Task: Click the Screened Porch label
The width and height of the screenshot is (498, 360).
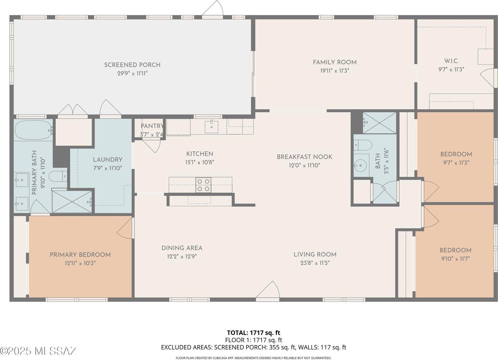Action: (132, 65)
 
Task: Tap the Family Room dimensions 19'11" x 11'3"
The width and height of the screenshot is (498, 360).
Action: (335, 71)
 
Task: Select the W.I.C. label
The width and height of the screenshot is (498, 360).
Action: (451, 61)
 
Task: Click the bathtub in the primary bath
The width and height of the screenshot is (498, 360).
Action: (32, 130)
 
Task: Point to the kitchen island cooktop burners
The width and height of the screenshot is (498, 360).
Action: (203, 185)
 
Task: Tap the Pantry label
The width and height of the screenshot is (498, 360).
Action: (152, 126)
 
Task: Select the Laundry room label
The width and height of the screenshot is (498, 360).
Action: (107, 159)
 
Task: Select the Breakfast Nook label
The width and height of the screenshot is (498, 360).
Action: (304, 157)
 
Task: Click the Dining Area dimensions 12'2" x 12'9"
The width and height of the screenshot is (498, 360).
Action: (182, 256)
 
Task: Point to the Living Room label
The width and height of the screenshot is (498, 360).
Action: (315, 254)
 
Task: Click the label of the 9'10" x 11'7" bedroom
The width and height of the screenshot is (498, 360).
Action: (455, 250)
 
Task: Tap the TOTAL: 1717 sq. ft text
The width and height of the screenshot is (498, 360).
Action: (253, 333)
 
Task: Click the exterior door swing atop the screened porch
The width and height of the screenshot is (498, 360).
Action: (213, 8)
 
